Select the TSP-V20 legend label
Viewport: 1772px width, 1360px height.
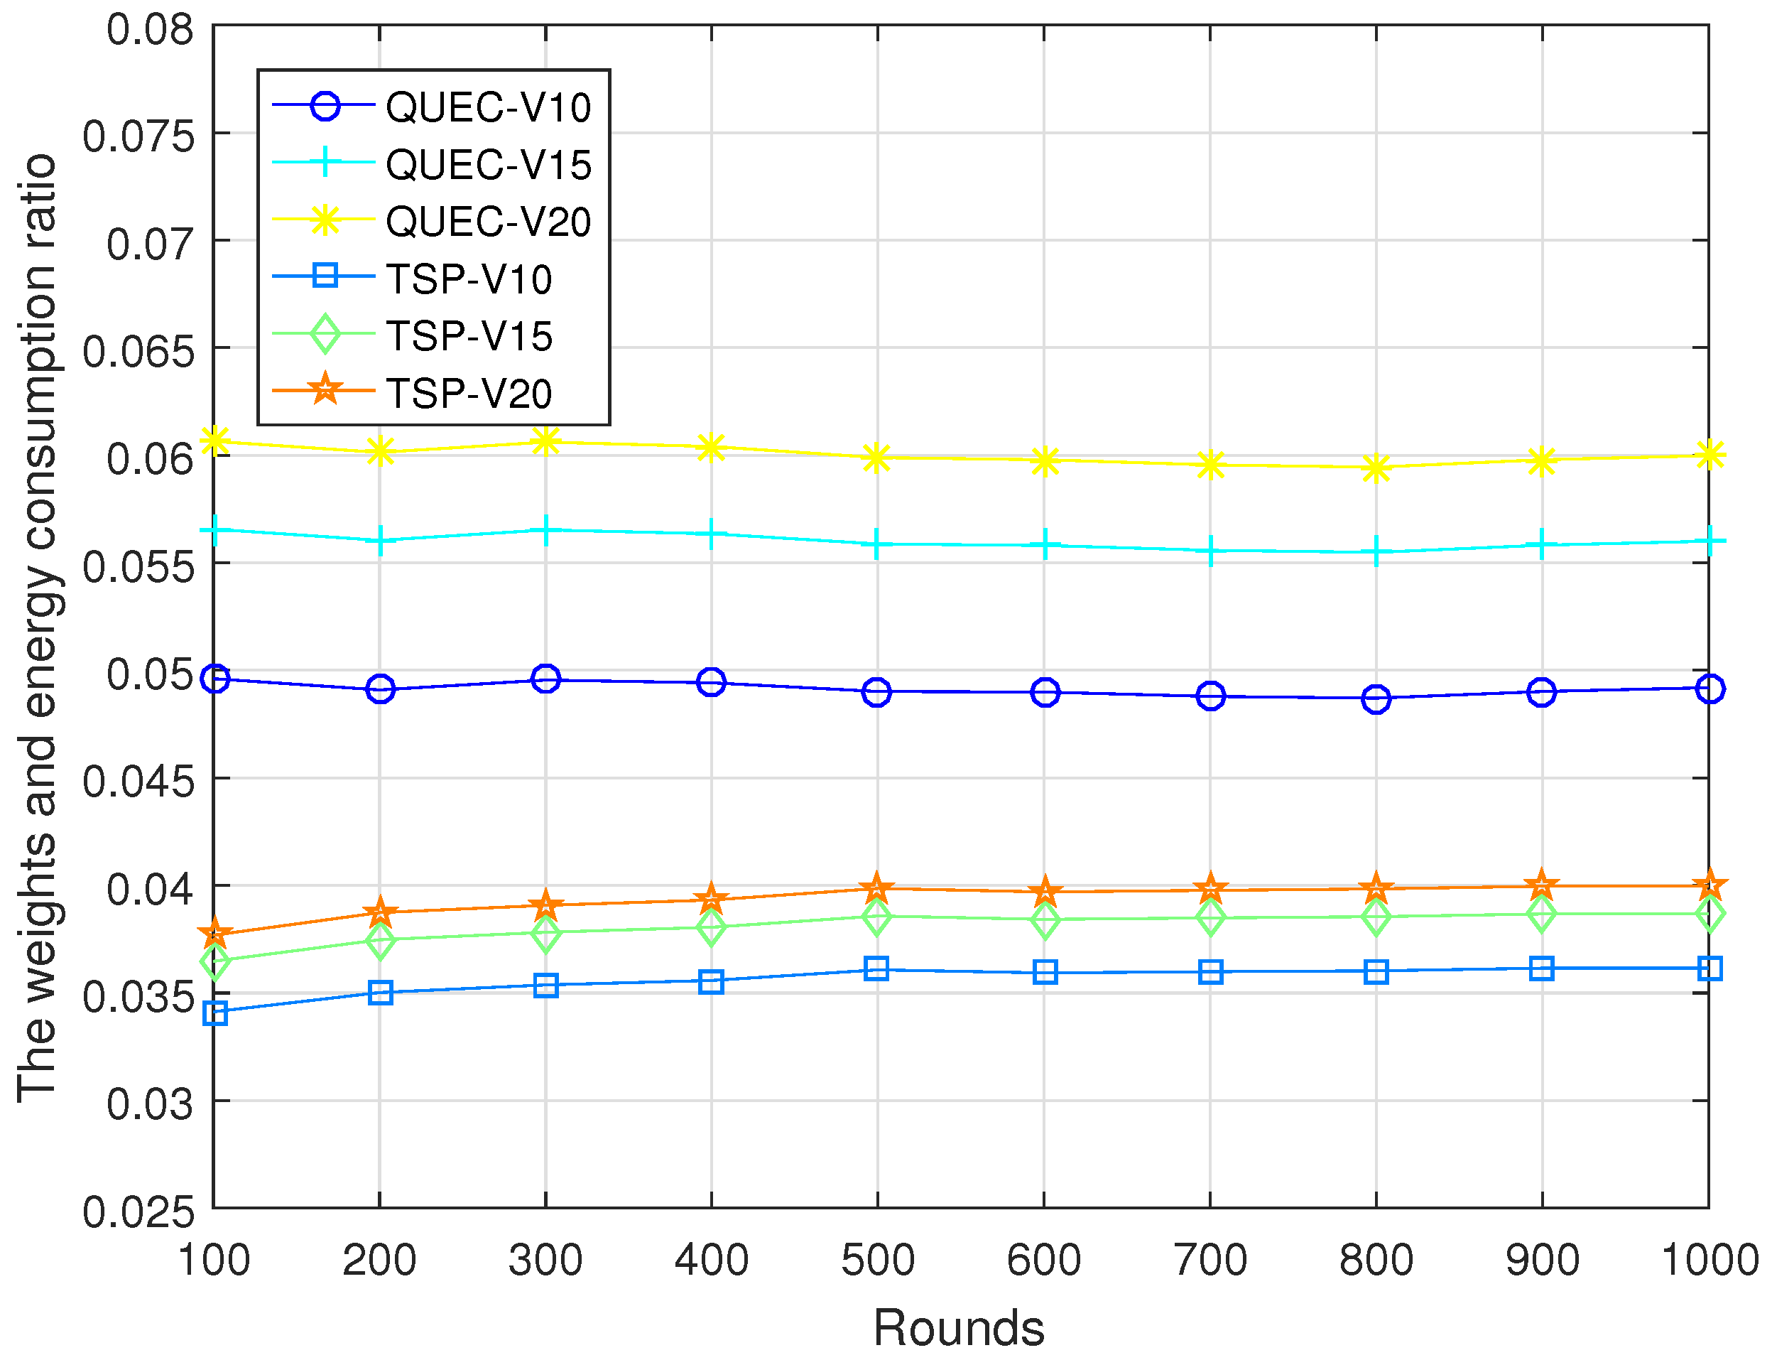(469, 394)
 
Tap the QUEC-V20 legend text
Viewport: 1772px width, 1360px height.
(488, 222)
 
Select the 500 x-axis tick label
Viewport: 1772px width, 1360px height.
(877, 1261)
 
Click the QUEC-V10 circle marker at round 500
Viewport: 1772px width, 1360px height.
(877, 692)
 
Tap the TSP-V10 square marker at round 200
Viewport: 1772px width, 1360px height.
(380, 993)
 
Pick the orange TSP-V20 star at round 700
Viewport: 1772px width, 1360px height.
(1210, 890)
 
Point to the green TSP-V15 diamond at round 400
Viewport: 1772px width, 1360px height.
(711, 928)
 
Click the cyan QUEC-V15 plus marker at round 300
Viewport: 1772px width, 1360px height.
(546, 531)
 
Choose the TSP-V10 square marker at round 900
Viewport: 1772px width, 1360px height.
(1542, 969)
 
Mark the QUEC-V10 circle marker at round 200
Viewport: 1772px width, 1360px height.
(380, 690)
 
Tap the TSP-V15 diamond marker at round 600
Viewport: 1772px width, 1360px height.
(1045, 920)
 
